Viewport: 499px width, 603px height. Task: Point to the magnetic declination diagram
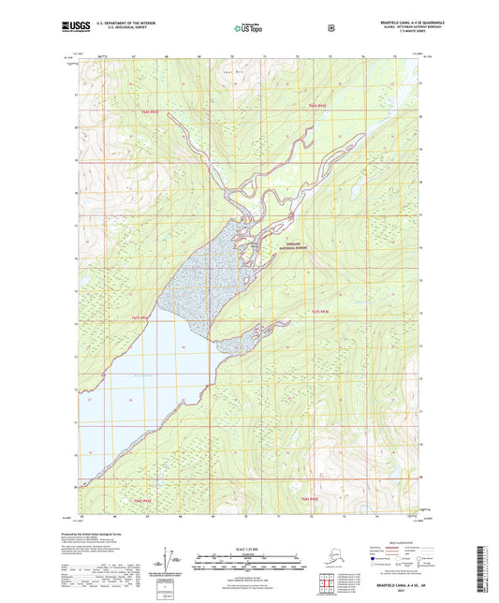169,564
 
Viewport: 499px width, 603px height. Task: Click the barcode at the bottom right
489,571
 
